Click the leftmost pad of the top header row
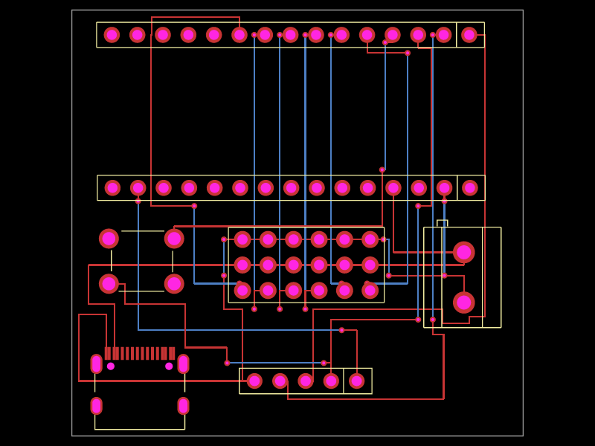[x=112, y=35]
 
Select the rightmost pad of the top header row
[x=469, y=35]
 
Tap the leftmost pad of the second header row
[x=112, y=188]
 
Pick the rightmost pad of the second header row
[x=470, y=188]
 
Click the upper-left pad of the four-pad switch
[x=109, y=239]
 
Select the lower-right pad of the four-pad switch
[x=174, y=284]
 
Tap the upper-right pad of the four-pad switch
[x=174, y=239]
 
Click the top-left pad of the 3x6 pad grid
[x=242, y=239]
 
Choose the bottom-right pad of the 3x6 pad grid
[x=370, y=291]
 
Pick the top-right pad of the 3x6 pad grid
[x=370, y=239]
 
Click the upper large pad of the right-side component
[x=463, y=252]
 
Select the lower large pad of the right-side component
[x=463, y=303]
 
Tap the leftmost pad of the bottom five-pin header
[x=254, y=381]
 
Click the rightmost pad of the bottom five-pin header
[x=357, y=381]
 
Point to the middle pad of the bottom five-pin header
[x=306, y=381]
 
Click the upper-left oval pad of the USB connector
[x=96, y=363]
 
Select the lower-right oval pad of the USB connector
[x=183, y=406]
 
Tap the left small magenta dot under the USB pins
[x=111, y=366]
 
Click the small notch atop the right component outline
[x=442, y=223]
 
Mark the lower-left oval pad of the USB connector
[x=96, y=406]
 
